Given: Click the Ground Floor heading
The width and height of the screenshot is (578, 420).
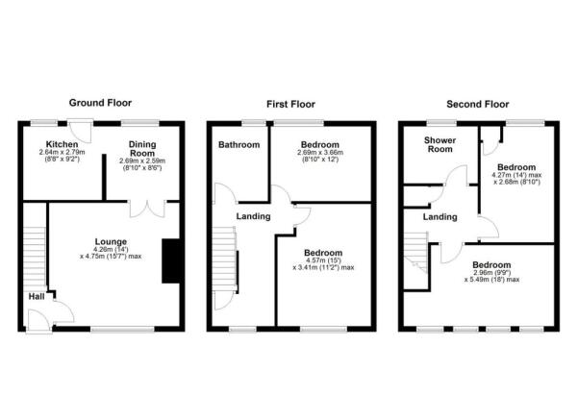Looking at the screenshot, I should [100, 102].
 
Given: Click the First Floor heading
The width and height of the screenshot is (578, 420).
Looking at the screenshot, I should [290, 102].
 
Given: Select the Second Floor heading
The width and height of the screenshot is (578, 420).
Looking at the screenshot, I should [477, 102].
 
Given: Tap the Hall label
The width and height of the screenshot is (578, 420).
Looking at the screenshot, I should [35, 296].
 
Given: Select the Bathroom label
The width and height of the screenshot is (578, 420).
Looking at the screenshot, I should [238, 145].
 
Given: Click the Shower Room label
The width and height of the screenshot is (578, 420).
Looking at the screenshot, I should [440, 144].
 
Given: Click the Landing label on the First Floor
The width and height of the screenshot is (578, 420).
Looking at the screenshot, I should [254, 217].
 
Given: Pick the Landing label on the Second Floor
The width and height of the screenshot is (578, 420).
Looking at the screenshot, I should [440, 217].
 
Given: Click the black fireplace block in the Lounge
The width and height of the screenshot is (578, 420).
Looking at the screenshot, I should [171, 260].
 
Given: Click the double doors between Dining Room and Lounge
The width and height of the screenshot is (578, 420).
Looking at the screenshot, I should [146, 206].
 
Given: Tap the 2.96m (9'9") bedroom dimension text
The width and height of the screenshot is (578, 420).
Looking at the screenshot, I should [492, 274].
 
